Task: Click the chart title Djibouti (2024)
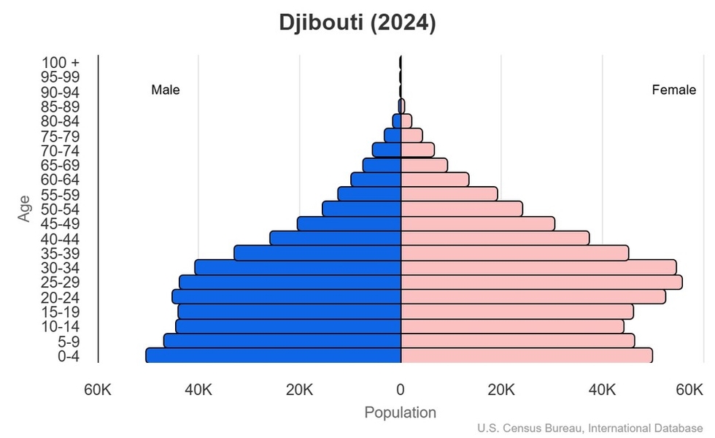[x=357, y=23]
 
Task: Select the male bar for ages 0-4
[x=274, y=356]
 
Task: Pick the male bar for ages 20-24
[x=287, y=296]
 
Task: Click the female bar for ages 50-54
[x=461, y=209]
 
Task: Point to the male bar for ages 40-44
[x=336, y=238]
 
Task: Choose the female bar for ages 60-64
[x=435, y=180]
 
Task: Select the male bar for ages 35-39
[x=317, y=253]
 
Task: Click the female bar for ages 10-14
[x=512, y=326]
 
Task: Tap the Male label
[x=166, y=91]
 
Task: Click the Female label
[x=673, y=91]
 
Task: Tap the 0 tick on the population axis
[x=401, y=389]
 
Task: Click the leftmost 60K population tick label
[x=98, y=389]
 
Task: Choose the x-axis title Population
[x=400, y=412]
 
